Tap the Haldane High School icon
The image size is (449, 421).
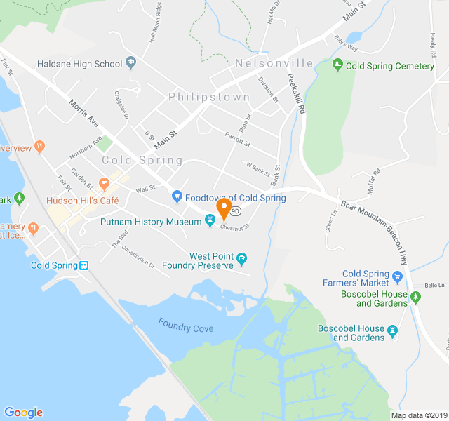(130, 64)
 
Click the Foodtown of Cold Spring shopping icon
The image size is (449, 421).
(177, 198)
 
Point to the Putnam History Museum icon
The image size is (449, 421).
(209, 222)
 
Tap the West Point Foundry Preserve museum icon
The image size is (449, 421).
(242, 260)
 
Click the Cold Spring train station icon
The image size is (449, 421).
(83, 266)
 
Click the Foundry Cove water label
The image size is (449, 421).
(186, 326)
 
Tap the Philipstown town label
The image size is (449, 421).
(209, 97)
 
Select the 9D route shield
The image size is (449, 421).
(236, 210)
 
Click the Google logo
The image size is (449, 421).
(23, 413)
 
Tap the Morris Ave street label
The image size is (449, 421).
(84, 111)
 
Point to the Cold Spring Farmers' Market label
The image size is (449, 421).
(375, 279)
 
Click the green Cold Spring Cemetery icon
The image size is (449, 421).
(338, 66)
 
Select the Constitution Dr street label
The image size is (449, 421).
(138, 260)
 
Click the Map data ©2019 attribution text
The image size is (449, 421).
(419, 415)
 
